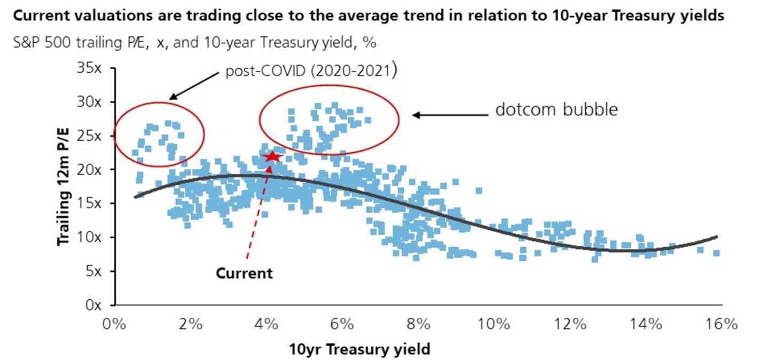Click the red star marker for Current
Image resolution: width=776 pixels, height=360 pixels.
tap(272, 156)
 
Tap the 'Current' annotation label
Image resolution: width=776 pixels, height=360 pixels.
tap(244, 274)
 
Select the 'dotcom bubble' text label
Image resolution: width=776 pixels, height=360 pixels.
tap(556, 109)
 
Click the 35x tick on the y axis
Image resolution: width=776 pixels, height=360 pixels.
tap(92, 68)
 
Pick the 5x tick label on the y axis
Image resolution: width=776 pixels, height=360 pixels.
tap(95, 271)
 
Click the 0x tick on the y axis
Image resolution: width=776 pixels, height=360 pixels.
tap(95, 305)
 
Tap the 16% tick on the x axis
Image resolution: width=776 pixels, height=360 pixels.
tap(723, 324)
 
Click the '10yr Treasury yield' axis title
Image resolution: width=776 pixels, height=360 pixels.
tap(359, 350)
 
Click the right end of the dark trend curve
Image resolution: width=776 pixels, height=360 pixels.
tap(716, 237)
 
